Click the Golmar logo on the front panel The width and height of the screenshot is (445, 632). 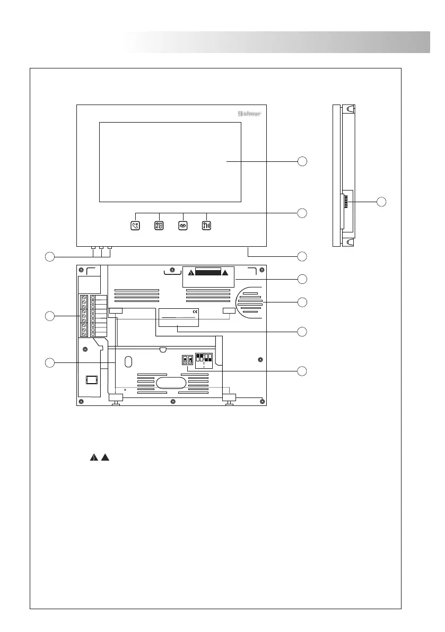pyautogui.click(x=248, y=114)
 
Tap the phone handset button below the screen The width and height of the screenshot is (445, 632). pyautogui.click(x=135, y=225)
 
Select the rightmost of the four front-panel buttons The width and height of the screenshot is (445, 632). pyautogui.click(x=207, y=225)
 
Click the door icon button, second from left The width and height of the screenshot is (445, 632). pyautogui.click(x=159, y=225)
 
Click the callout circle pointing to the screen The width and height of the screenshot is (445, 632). pyautogui.click(x=302, y=160)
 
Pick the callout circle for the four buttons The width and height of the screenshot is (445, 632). pyautogui.click(x=302, y=213)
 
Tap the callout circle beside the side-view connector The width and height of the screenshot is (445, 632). pyautogui.click(x=381, y=201)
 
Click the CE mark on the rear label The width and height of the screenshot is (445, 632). pyautogui.click(x=195, y=311)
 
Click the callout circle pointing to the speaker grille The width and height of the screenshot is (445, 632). pyautogui.click(x=302, y=302)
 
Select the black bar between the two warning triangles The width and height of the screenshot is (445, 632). pyautogui.click(x=207, y=273)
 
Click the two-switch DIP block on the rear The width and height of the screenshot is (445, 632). pyautogui.click(x=187, y=359)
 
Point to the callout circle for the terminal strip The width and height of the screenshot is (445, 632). pyautogui.click(x=49, y=316)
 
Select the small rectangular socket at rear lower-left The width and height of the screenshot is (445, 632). pyautogui.click(x=92, y=380)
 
